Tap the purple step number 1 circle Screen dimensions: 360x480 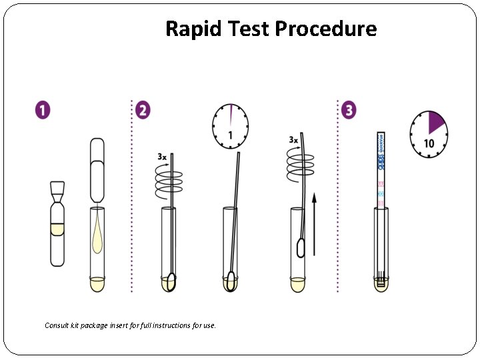click(43, 110)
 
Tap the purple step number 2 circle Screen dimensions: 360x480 click(142, 110)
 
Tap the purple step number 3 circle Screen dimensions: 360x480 click(348, 110)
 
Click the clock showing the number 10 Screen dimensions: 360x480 click(428, 134)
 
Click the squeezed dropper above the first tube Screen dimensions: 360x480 click(97, 170)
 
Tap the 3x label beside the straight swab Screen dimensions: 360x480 click(162, 157)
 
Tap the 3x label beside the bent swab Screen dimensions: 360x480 click(293, 140)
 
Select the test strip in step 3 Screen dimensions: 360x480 click(381, 173)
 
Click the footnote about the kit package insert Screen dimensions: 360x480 click(130, 325)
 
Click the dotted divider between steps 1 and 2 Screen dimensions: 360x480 click(131, 200)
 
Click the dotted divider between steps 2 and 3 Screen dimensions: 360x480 click(338, 200)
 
